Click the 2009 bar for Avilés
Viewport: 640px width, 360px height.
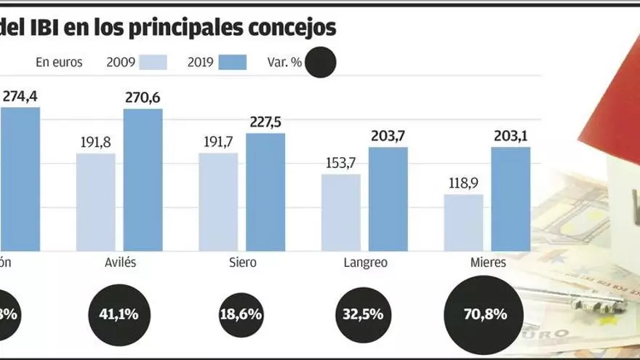(96, 201)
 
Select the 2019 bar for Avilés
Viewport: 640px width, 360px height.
(143, 180)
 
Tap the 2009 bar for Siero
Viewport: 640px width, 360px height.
(218, 201)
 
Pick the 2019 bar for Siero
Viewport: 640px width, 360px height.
(265, 192)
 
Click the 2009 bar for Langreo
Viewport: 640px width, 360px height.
(341, 212)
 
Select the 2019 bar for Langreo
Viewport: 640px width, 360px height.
(388, 199)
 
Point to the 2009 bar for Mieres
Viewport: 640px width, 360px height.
(464, 223)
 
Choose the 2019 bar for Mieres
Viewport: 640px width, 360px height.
(511, 199)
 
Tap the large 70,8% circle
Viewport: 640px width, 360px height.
(483, 314)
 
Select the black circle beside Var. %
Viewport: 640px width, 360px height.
(321, 63)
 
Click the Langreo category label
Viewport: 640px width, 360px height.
(364, 263)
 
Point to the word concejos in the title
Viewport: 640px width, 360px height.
(292, 28)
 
